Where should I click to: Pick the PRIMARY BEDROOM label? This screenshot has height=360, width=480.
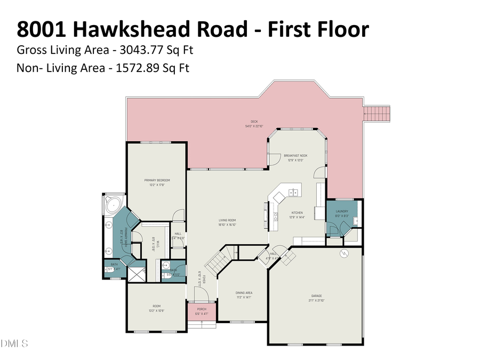[156, 180]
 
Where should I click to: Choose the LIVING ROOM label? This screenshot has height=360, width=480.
[227, 220]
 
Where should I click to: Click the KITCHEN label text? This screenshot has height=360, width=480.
[297, 213]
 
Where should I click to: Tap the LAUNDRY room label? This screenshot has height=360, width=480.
[342, 212]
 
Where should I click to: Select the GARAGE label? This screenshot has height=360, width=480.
[317, 295]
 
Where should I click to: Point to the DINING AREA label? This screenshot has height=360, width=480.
[244, 292]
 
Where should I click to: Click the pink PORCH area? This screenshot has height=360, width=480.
[202, 311]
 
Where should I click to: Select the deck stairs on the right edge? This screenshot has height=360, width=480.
[378, 113]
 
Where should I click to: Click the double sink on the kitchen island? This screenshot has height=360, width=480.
[292, 192]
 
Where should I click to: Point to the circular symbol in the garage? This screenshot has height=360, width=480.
[344, 253]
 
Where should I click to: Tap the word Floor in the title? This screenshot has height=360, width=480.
[343, 29]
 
